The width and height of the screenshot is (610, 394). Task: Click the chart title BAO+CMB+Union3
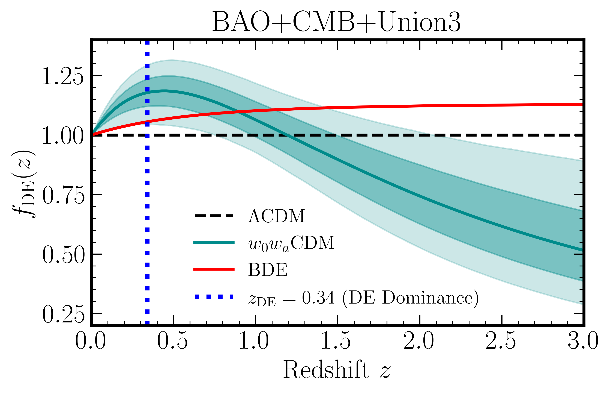click(336, 22)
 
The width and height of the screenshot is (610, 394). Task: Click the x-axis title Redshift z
click(336, 370)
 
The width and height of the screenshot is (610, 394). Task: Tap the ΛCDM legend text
click(277, 216)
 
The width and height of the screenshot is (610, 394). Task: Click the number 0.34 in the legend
click(318, 298)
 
